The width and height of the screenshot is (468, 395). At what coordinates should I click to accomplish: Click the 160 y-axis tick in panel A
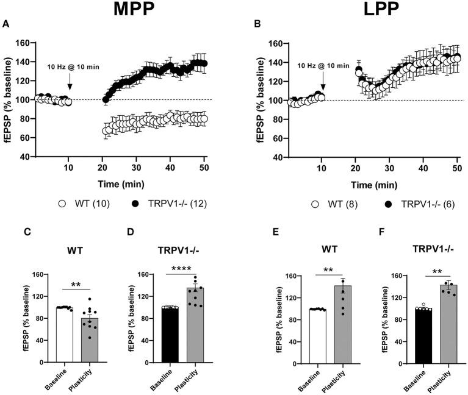coord(24,43)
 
